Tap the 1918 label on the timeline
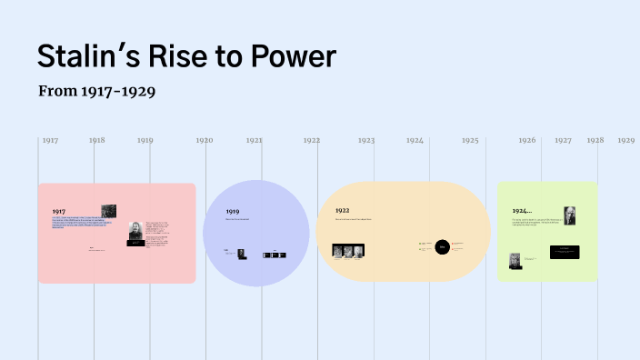97,141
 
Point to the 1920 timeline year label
204,141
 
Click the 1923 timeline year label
366,141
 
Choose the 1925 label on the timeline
469,141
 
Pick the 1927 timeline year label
563,141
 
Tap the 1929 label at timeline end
625,141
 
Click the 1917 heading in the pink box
59,211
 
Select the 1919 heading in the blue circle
233,211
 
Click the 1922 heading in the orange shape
342,210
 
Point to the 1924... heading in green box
522,211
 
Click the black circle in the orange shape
442,246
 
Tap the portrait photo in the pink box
135,231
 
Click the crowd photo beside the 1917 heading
108,211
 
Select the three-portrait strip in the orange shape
349,251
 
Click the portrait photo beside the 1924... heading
569,215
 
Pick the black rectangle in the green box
565,252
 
